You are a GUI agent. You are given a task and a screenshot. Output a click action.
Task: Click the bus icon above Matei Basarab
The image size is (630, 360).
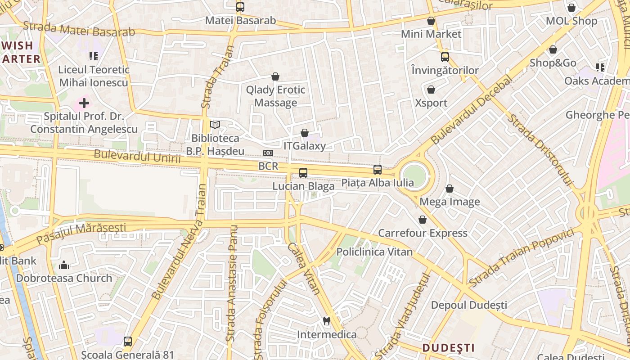click(240, 7)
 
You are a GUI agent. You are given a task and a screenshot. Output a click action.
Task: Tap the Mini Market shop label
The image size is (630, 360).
click(431, 34)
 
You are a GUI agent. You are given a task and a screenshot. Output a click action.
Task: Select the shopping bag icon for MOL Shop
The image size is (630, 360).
click(571, 8)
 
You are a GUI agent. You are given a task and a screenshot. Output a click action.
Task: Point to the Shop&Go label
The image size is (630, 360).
click(553, 63)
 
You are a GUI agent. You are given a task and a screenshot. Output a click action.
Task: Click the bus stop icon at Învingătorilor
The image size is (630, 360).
click(445, 57)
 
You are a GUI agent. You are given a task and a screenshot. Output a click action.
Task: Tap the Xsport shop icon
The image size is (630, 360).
click(431, 90)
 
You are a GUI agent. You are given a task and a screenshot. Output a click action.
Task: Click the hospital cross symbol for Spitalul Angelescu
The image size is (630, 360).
click(84, 103)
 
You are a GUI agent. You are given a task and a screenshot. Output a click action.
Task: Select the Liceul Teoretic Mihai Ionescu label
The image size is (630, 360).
click(94, 76)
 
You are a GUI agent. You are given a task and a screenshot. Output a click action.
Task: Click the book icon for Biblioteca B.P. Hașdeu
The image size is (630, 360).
click(216, 125)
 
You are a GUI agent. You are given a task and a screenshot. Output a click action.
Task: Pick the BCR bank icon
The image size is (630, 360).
click(268, 153)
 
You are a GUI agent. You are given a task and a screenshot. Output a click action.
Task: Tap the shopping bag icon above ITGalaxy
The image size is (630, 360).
click(305, 133)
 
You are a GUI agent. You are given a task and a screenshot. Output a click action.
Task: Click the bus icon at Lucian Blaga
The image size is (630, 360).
click(303, 172)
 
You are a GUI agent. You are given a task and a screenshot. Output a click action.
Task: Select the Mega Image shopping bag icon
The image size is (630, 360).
click(449, 189)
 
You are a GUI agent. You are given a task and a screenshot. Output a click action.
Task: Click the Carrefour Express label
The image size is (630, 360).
click(423, 233)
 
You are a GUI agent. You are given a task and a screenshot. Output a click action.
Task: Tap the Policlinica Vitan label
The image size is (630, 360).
click(374, 252)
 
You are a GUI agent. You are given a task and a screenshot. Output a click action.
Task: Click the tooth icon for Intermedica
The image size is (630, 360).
click(327, 321)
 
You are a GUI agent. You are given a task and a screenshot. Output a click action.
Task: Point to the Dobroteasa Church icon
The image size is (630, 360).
click(64, 265)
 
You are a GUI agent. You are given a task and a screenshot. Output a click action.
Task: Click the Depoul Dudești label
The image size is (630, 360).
click(469, 305)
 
